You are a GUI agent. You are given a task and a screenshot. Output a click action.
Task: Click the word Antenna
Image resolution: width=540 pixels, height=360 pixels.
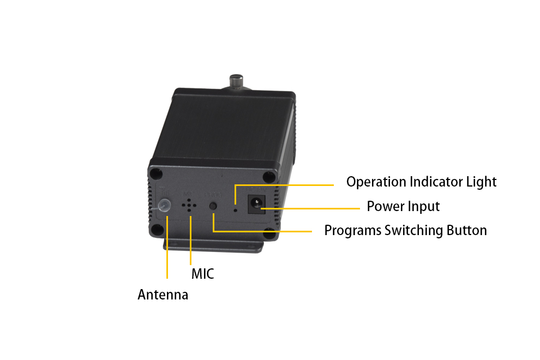[163, 295]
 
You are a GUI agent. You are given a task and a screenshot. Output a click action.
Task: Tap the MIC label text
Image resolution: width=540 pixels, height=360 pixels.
[203, 274]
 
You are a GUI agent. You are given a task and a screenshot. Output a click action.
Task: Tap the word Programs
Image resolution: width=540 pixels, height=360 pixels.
[353, 231]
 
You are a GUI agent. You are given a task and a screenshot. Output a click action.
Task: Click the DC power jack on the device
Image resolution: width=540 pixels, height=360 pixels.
[256, 204]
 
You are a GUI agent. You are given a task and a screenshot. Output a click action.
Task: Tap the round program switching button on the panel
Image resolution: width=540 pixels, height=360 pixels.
[213, 206]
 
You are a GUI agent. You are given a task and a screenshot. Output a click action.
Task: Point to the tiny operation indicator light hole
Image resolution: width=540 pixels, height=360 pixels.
[236, 209]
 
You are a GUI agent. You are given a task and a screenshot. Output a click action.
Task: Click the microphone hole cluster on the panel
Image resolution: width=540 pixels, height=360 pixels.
[189, 205]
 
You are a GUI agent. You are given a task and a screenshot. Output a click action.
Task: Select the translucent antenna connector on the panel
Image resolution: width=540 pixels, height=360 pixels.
[165, 205]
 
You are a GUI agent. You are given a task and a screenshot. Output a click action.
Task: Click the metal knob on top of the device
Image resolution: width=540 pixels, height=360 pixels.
[236, 82]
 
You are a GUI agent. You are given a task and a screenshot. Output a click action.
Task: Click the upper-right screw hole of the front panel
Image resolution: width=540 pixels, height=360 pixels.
[268, 177]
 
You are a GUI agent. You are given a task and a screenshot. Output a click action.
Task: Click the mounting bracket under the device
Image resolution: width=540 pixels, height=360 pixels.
[213, 245]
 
